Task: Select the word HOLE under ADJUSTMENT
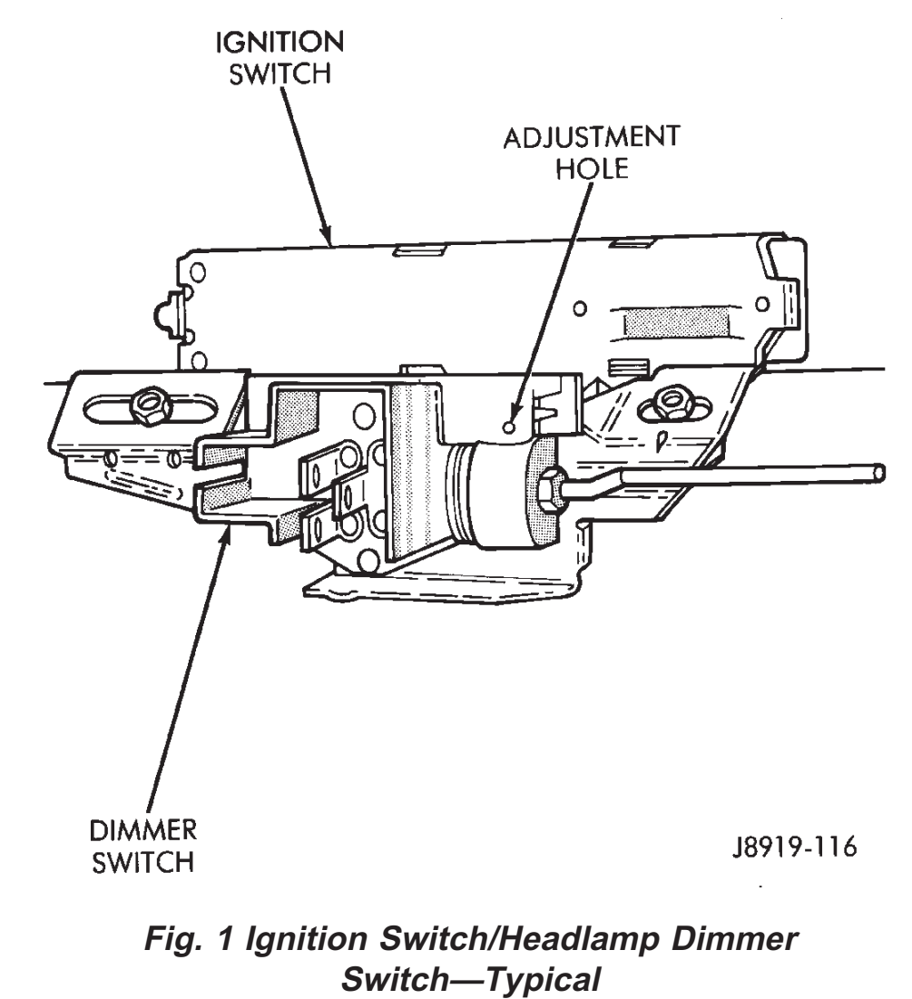(592, 171)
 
